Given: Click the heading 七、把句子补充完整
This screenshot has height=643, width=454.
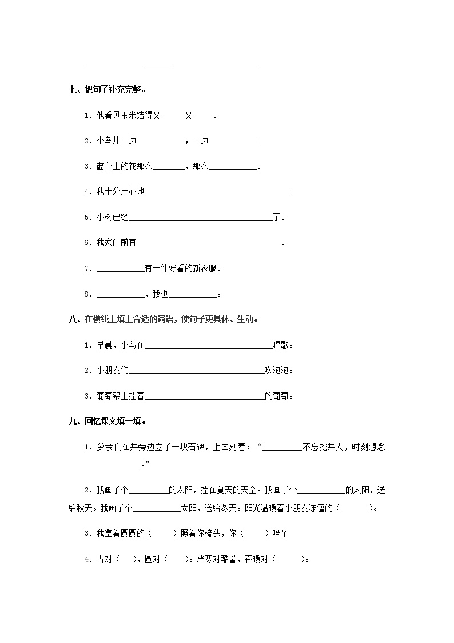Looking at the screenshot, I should (106, 90).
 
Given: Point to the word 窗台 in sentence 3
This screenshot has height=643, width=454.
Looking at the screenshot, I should (103, 167).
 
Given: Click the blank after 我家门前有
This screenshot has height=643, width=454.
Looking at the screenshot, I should (209, 243).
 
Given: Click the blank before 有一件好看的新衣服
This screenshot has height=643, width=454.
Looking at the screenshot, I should (120, 269).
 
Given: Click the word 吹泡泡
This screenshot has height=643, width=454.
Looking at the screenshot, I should (277, 370).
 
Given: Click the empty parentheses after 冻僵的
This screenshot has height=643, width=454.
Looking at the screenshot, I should (356, 508).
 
